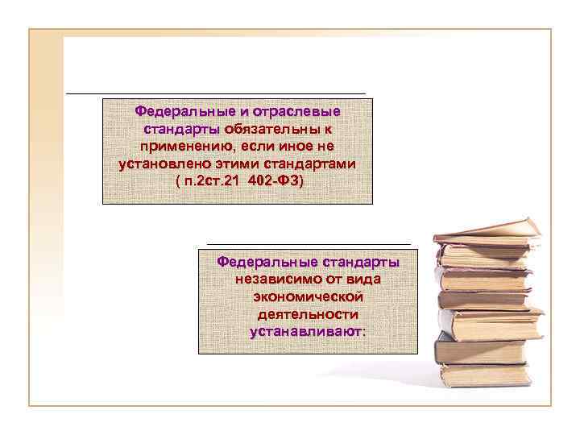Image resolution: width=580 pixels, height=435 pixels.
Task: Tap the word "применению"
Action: point(188,147)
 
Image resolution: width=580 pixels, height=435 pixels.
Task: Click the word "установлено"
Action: point(157,164)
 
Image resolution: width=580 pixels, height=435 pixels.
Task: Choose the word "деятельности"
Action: point(308,314)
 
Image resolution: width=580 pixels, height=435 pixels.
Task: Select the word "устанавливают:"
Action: point(308,332)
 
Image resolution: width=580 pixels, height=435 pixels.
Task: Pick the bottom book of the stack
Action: point(482,375)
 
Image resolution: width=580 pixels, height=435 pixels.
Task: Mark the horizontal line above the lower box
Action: point(309,243)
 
